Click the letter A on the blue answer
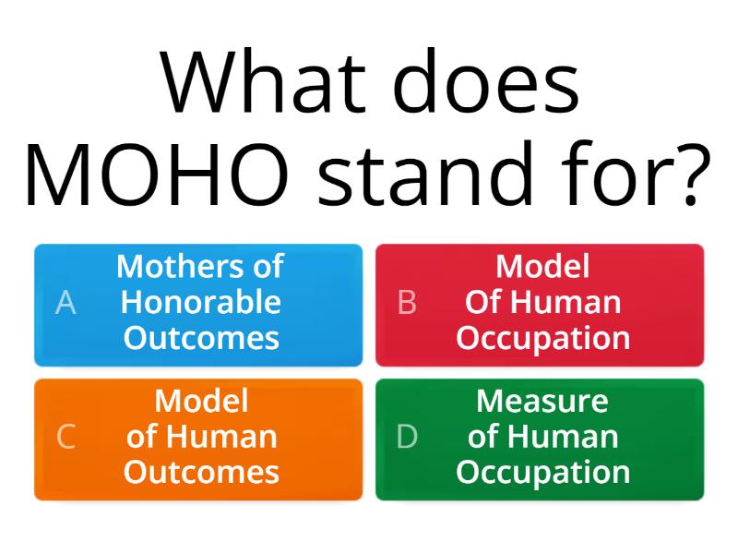[65, 303]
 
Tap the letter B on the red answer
[407, 303]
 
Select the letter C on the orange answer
[65, 437]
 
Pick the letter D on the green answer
[407, 437]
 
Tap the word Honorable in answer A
[201, 302]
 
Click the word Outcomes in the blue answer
[201, 338]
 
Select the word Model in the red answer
[542, 267]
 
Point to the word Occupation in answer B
[542, 338]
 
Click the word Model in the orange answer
[201, 401]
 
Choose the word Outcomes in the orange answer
[201, 473]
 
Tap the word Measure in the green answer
[542, 401]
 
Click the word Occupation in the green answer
[542, 473]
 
